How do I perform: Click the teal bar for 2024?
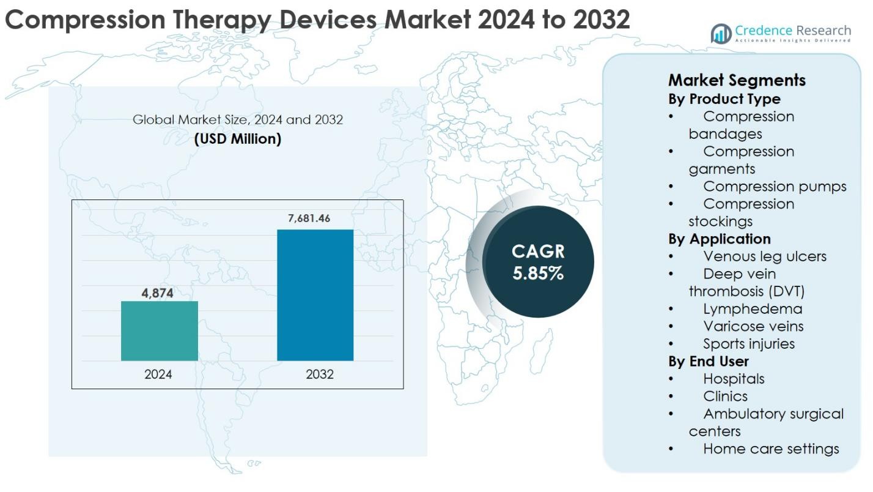pos(160,330)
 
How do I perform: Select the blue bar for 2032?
pos(315,295)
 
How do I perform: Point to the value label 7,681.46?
pos(309,218)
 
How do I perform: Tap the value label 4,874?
pos(158,293)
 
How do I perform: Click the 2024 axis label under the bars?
pos(158,375)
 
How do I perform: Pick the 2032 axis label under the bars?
pos(320,375)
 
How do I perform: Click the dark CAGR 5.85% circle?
pos(538,262)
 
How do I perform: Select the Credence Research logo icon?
pos(721,34)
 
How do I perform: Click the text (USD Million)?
pos(238,139)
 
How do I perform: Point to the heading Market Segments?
pos(737,80)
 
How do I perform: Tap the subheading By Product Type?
pos(724,99)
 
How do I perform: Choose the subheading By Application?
pos(719,239)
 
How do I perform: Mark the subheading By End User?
pos(708,361)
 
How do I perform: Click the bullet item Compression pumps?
pos(775,186)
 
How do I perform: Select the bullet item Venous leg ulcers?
pos(764,256)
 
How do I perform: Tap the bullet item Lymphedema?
pos(752,309)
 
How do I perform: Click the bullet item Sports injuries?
pos(749,344)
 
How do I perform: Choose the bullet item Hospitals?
pos(734,379)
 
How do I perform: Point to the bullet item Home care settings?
pos(771,449)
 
